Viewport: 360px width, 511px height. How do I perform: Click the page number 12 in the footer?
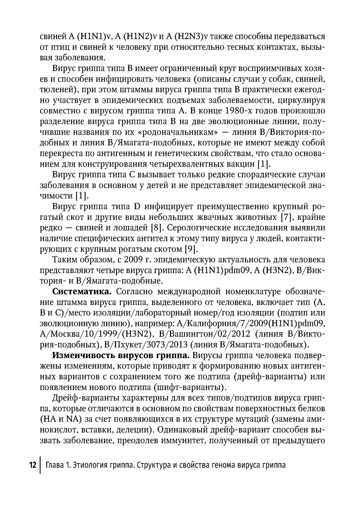point(33,465)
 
